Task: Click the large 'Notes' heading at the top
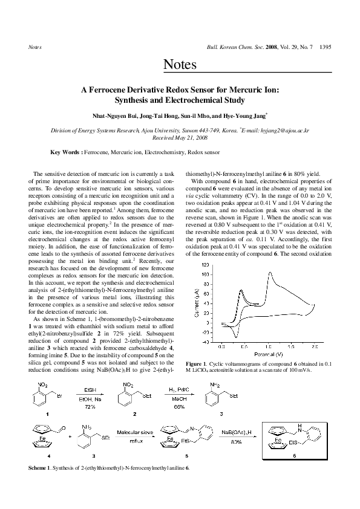pyautogui.click(x=180, y=65)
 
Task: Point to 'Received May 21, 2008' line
pyautogui.click(x=180, y=137)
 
